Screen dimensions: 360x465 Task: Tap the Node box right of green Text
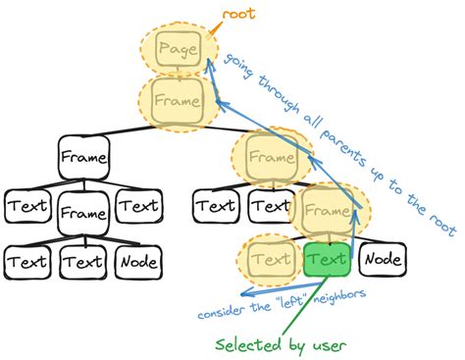click(x=382, y=260)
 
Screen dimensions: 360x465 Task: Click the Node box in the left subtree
click(x=139, y=261)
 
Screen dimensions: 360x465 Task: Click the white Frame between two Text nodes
click(x=83, y=213)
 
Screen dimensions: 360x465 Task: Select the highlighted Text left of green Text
click(x=271, y=260)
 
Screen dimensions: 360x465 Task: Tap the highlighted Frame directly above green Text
click(x=327, y=212)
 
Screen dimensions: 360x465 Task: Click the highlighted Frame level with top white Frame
click(x=269, y=156)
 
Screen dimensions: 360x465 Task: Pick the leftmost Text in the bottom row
click(x=27, y=261)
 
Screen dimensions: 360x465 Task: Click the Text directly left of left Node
click(x=83, y=261)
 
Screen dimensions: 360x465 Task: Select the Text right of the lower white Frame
click(x=138, y=207)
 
